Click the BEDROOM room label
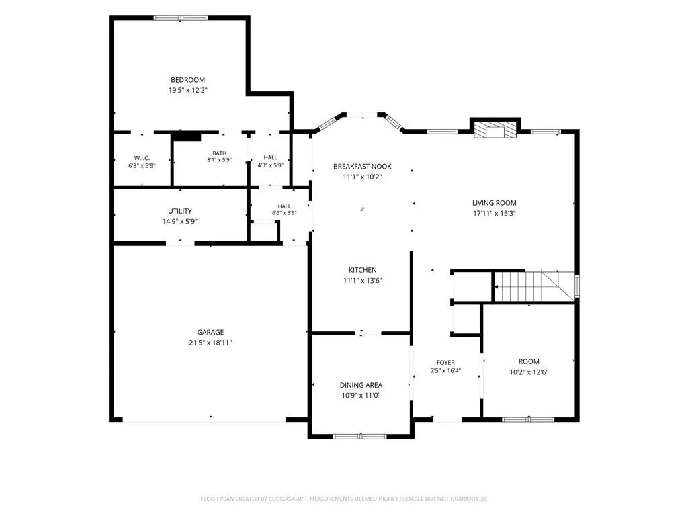(x=188, y=80)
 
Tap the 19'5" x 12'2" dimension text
(x=188, y=91)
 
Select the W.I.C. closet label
(x=142, y=158)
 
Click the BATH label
(x=220, y=153)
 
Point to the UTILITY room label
(x=180, y=211)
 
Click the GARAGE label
(x=210, y=332)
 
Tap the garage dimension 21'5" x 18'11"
(x=210, y=343)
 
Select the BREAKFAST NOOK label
(x=362, y=167)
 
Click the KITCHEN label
(x=362, y=270)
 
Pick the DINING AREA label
(x=361, y=385)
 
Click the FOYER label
(x=446, y=362)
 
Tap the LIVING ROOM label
(x=494, y=203)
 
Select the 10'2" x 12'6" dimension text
(x=529, y=372)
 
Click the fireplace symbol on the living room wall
(x=495, y=130)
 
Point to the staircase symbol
(x=534, y=286)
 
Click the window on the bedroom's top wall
(x=180, y=18)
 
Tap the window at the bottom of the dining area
(x=360, y=436)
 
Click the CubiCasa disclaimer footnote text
(x=344, y=499)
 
